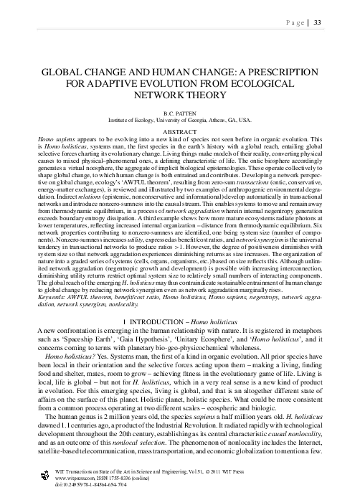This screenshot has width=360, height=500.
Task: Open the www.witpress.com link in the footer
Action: (75, 478)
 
